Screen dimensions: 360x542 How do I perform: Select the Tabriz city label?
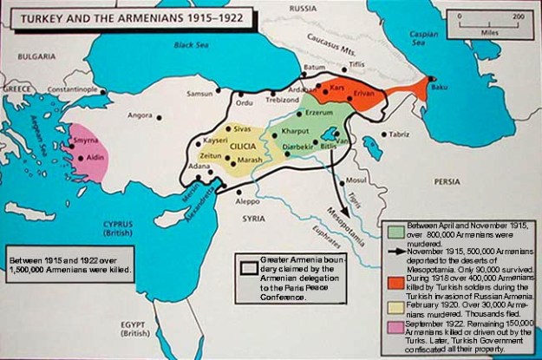[x=399, y=134]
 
